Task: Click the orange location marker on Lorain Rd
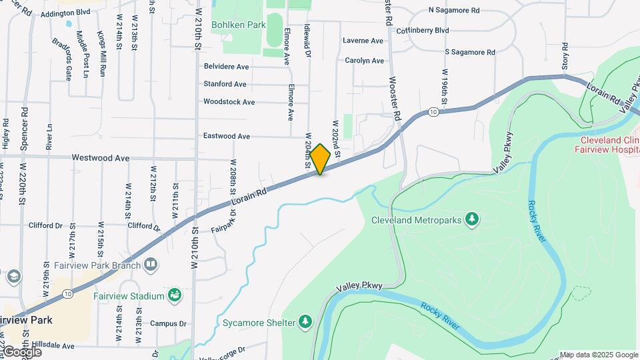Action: [320, 159]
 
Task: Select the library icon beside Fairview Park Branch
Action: [151, 266]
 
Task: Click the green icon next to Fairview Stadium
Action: [175, 295]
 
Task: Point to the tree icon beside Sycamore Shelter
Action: [305, 322]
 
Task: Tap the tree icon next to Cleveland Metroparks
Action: [472, 219]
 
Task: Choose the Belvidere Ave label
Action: [226, 67]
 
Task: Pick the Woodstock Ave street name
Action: [229, 102]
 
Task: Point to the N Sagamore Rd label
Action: [454, 11]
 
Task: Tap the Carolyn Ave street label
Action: [365, 61]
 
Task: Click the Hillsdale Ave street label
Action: [54, 345]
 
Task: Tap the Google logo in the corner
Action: [21, 352]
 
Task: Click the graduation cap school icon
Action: [13, 275]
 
